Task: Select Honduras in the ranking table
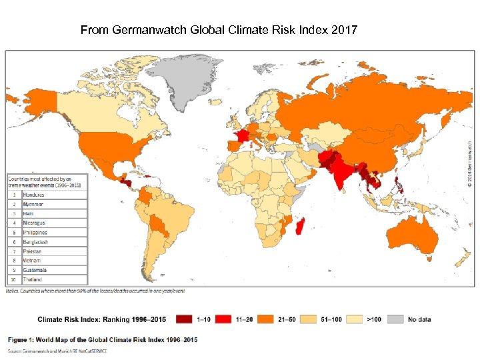pyautogui.click(x=34, y=194)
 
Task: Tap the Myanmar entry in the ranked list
pyautogui.click(x=33, y=203)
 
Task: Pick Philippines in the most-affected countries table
pyautogui.click(x=35, y=232)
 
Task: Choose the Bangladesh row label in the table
pyautogui.click(x=35, y=242)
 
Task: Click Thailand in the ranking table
pyautogui.click(x=33, y=279)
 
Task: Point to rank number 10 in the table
pyautogui.click(x=14, y=279)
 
